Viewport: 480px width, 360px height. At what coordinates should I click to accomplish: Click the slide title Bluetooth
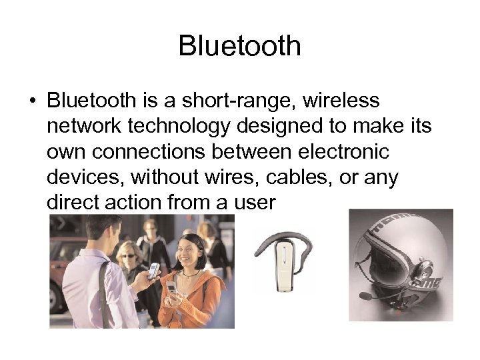pyautogui.click(x=240, y=46)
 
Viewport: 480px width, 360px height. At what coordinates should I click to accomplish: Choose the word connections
pyautogui.click(x=150, y=151)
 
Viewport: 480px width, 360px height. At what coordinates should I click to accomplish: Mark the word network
pyautogui.click(x=83, y=126)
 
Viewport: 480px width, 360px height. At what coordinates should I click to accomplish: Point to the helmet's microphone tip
pyautogui.click(x=364, y=295)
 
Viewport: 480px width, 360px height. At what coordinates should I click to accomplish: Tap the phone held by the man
pyautogui.click(x=154, y=269)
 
